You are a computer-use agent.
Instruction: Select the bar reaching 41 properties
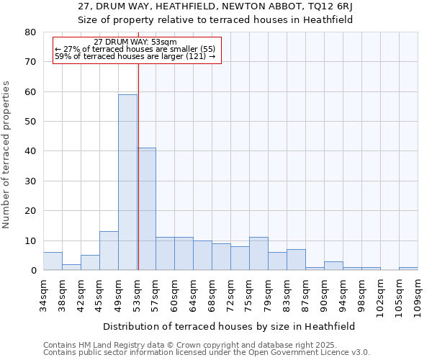pos(146,209)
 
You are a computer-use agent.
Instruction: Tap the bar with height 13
pos(109,251)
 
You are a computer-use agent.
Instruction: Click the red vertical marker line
pos(138,166)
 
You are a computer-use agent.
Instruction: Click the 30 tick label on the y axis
pos(30,181)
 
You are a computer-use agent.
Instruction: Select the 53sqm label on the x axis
pos(138,294)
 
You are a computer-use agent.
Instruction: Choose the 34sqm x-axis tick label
pos(44,294)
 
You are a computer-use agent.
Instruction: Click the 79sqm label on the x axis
pos(269,294)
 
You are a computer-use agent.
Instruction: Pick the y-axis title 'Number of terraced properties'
pos(7,155)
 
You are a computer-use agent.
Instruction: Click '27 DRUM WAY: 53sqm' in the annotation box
pos(135,42)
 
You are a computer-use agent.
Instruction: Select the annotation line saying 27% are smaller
pos(135,49)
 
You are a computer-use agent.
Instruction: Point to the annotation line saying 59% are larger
pos(135,56)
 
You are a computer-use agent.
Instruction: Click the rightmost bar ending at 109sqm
pos(408,269)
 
